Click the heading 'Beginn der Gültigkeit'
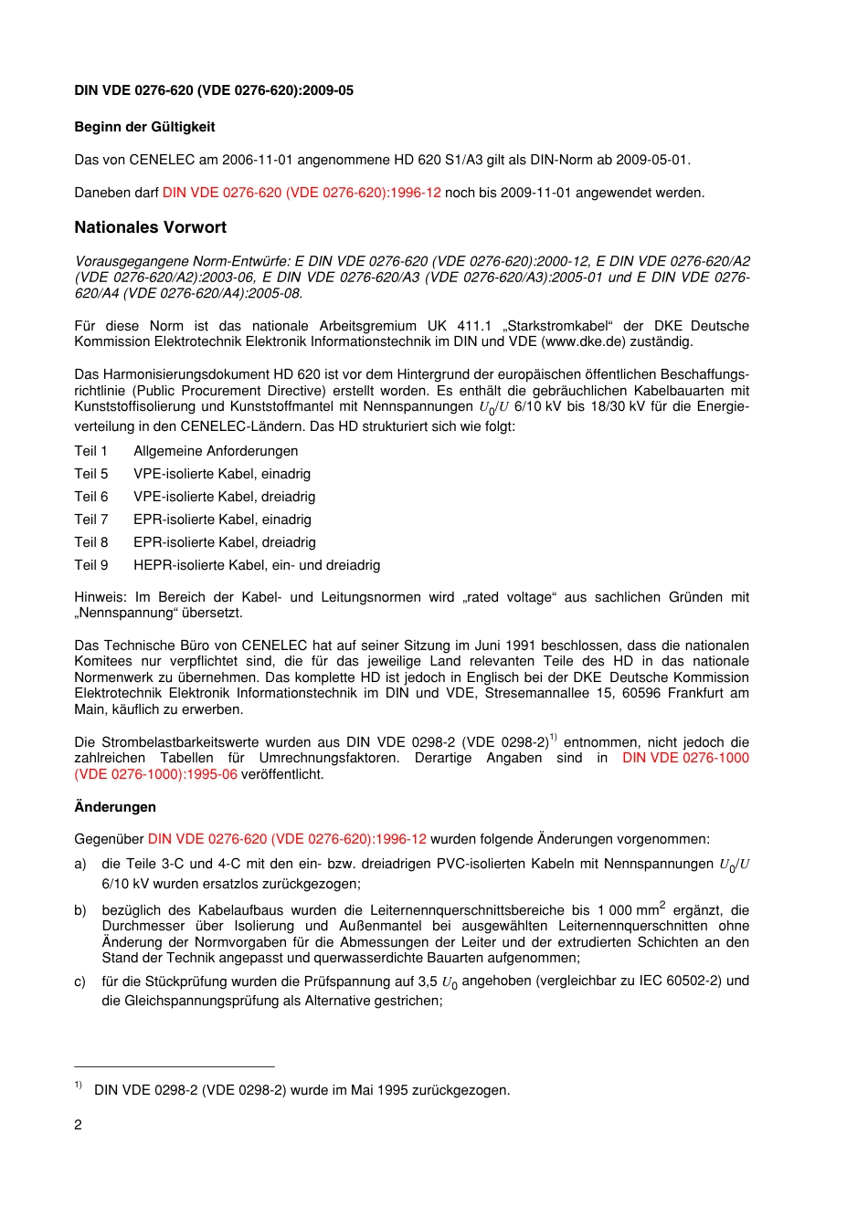[x=144, y=127]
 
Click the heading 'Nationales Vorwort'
[x=150, y=227]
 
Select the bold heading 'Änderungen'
[x=114, y=807]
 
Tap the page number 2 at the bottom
[x=78, y=1125]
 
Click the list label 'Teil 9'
[x=90, y=565]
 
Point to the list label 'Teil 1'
[x=90, y=451]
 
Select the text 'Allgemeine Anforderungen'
[x=216, y=451]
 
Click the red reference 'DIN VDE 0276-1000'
[x=685, y=758]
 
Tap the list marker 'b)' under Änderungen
[x=80, y=910]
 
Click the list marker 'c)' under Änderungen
[x=80, y=981]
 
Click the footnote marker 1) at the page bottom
[x=79, y=1086]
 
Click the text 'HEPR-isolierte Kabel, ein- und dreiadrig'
[x=257, y=565]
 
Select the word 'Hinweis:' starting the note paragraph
[x=101, y=597]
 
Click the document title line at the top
[x=214, y=90]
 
